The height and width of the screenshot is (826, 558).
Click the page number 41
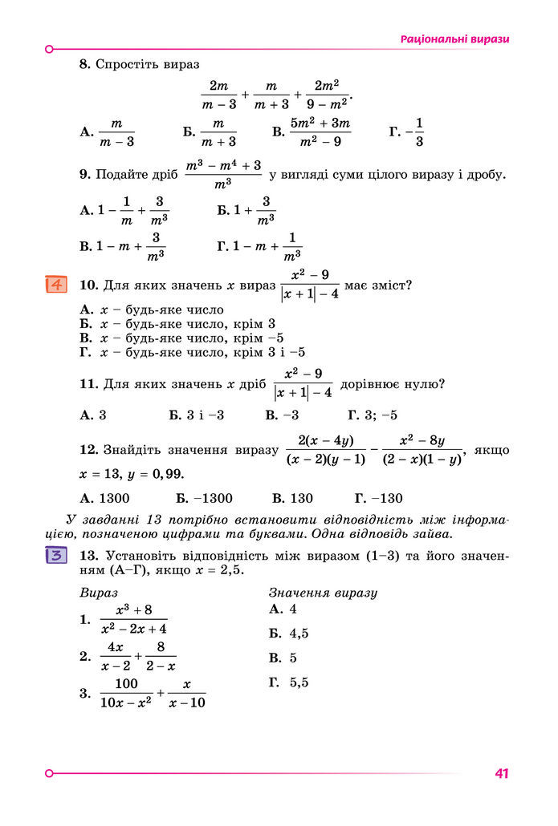point(503,774)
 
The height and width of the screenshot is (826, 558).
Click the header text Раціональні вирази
point(454,39)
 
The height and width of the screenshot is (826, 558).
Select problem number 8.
point(84,63)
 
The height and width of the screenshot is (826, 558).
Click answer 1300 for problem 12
point(112,498)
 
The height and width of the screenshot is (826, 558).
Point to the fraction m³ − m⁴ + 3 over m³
point(223,175)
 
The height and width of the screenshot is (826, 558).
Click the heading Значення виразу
point(323,593)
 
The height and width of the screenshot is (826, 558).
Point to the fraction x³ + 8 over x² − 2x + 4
point(133,620)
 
